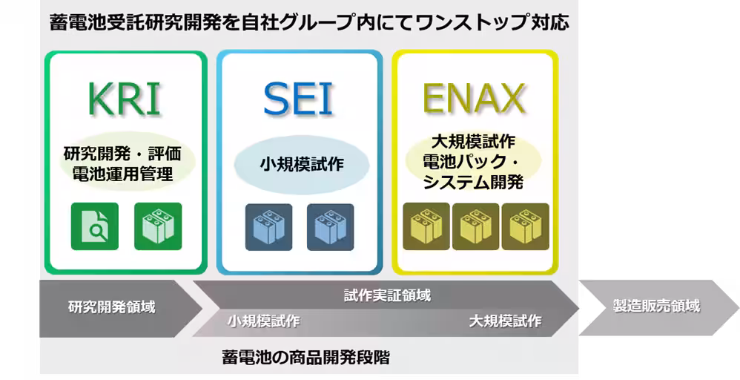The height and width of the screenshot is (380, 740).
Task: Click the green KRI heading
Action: tap(124, 99)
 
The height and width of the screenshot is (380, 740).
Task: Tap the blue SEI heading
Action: tap(299, 99)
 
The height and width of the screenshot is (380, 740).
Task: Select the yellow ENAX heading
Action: tap(474, 99)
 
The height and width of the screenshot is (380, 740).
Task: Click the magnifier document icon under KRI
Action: tap(94, 226)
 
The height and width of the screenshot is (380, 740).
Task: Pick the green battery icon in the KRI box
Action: tap(158, 226)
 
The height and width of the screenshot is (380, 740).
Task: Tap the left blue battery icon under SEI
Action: tap(269, 226)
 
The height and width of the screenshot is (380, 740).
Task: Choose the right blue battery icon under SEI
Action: tap(331, 226)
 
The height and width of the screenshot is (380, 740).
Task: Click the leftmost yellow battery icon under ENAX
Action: tap(426, 226)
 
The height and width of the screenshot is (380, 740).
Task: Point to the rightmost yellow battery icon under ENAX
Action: tap(525, 226)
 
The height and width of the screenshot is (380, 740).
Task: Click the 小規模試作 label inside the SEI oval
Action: tap(301, 164)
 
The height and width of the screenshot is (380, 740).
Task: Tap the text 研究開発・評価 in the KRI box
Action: tap(122, 155)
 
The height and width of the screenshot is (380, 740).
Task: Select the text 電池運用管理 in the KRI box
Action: tap(122, 175)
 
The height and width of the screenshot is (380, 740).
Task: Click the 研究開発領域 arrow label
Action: tap(112, 307)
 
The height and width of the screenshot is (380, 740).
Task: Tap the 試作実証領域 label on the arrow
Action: tap(387, 295)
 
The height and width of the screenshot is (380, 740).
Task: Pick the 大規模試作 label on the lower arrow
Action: tap(505, 321)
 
